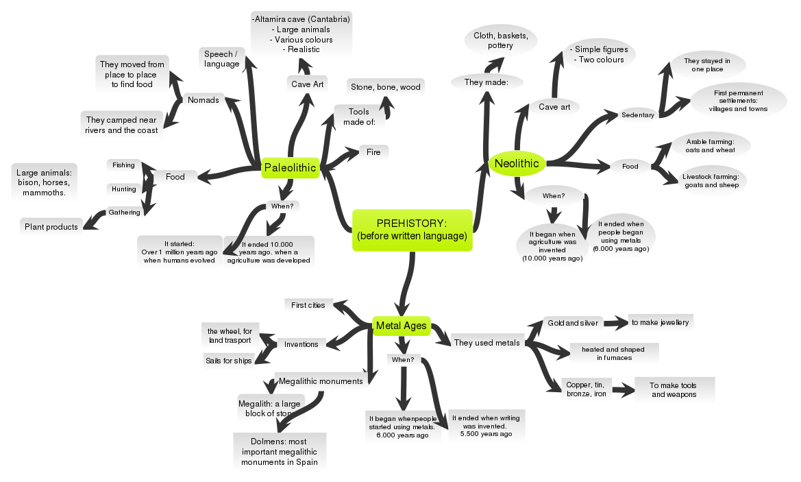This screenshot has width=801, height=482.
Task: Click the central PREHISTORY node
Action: [x=412, y=230]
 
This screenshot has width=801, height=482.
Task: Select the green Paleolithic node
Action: [x=290, y=167]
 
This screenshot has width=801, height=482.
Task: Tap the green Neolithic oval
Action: [x=517, y=163]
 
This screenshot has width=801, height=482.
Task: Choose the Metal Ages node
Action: [x=401, y=326]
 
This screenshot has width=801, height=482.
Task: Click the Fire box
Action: [x=373, y=152]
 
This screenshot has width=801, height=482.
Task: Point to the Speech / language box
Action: [x=222, y=58]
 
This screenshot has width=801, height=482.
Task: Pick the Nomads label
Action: [x=203, y=100]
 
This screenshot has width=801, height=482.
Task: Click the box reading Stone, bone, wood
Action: [x=386, y=87]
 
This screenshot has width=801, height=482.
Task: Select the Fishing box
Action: [x=123, y=165]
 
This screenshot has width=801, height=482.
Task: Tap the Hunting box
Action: [x=123, y=189]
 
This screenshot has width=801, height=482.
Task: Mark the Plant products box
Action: [x=51, y=227]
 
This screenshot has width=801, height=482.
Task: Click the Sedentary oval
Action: [x=638, y=115]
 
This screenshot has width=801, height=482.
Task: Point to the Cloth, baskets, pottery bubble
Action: [x=500, y=40]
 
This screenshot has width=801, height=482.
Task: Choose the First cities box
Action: [x=308, y=304]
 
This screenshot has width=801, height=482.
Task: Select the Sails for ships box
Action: [x=228, y=360]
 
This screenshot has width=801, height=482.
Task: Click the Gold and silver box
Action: [x=573, y=322]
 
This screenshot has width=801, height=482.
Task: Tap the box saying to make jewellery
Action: [x=661, y=322]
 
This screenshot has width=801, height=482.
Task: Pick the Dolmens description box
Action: [x=279, y=452]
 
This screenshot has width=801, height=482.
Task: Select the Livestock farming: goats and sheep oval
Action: [x=711, y=180]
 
